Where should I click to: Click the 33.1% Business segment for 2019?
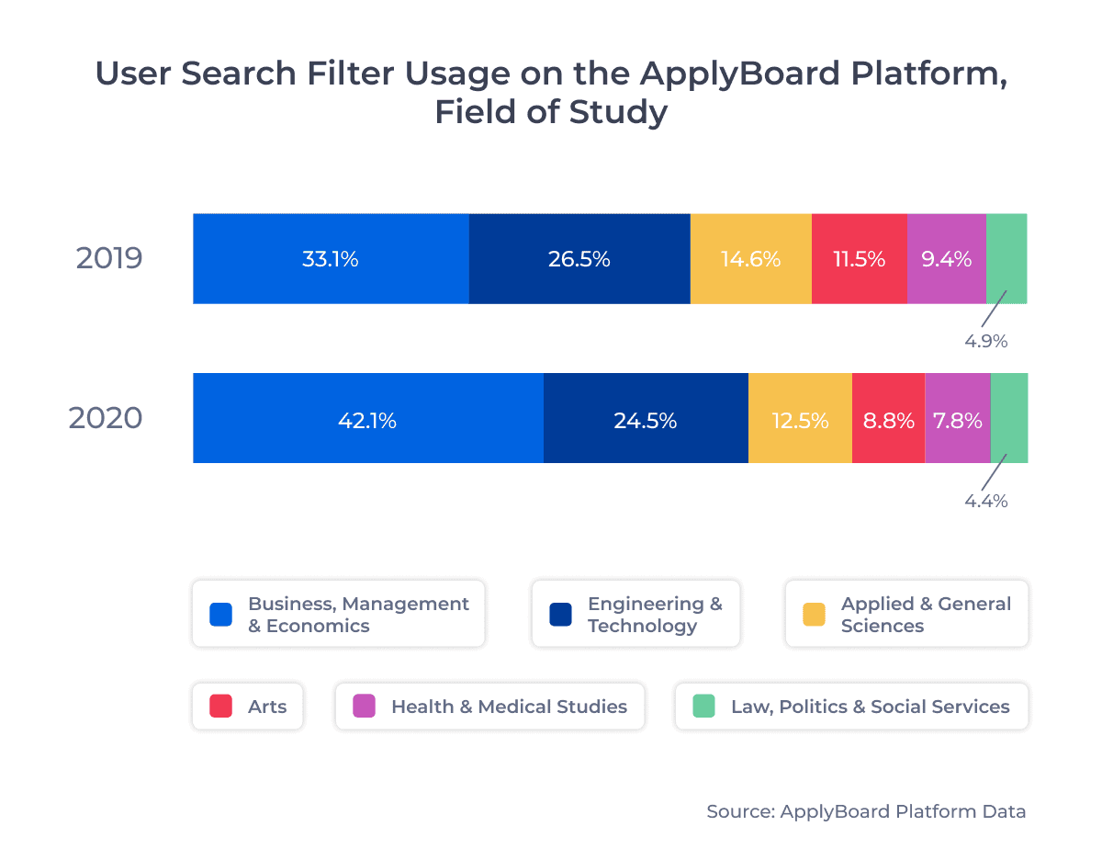[x=331, y=259]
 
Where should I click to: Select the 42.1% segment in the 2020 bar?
[x=367, y=420]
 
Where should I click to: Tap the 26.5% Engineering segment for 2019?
[x=579, y=259]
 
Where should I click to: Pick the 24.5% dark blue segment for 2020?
[x=646, y=420]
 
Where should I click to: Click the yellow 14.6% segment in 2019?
[x=750, y=259]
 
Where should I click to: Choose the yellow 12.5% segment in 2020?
[x=800, y=420]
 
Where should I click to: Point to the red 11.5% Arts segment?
[x=860, y=259]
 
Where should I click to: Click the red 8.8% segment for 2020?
[x=888, y=420]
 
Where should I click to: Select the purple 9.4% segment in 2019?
[x=946, y=259]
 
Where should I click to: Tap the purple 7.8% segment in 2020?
[x=957, y=420]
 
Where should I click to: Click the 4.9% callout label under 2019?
[x=985, y=341]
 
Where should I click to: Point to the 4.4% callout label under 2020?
[x=985, y=501]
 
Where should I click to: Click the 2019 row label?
[x=109, y=258]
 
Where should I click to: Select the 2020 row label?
[x=106, y=419]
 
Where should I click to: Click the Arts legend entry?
[x=247, y=707]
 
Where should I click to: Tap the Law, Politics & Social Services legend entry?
[x=851, y=707]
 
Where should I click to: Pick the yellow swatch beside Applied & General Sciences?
[x=814, y=615]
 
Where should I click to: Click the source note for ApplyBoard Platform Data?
[x=866, y=811]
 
